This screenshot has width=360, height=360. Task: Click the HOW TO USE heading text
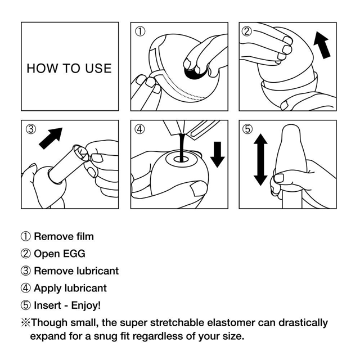[69, 69]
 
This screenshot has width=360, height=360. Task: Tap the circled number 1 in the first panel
[141, 31]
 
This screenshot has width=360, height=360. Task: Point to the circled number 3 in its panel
[31, 129]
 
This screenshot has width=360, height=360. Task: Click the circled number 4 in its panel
[141, 129]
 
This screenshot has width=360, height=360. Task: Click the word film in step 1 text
[83, 236]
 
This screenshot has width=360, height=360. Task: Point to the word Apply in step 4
[48, 288]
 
